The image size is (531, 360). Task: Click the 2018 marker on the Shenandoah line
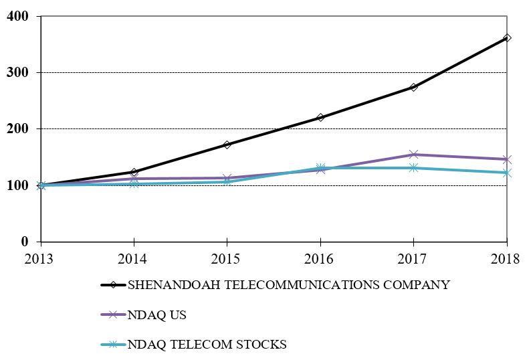coord(507,38)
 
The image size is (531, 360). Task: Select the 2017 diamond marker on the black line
coord(414,87)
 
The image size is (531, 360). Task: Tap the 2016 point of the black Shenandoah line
coord(320,118)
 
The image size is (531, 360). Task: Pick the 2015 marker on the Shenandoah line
coord(227,145)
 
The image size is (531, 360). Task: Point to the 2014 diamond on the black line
coord(134,172)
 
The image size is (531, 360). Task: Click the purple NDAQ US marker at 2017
coord(414,155)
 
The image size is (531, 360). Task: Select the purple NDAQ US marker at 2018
coord(507,159)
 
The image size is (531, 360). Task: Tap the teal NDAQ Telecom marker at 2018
coord(507,173)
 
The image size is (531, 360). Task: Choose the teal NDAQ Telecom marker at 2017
coord(414,168)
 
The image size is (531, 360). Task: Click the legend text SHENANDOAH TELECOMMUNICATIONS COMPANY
coord(288,285)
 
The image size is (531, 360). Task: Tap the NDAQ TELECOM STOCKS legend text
coord(207,345)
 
